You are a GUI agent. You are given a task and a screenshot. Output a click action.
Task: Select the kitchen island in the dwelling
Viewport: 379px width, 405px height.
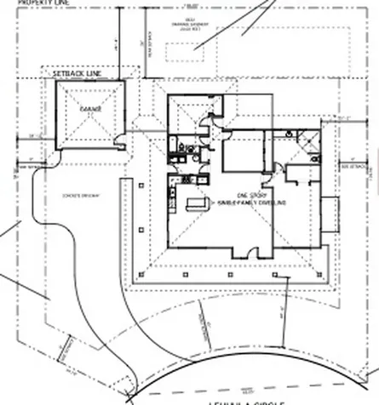197,205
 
